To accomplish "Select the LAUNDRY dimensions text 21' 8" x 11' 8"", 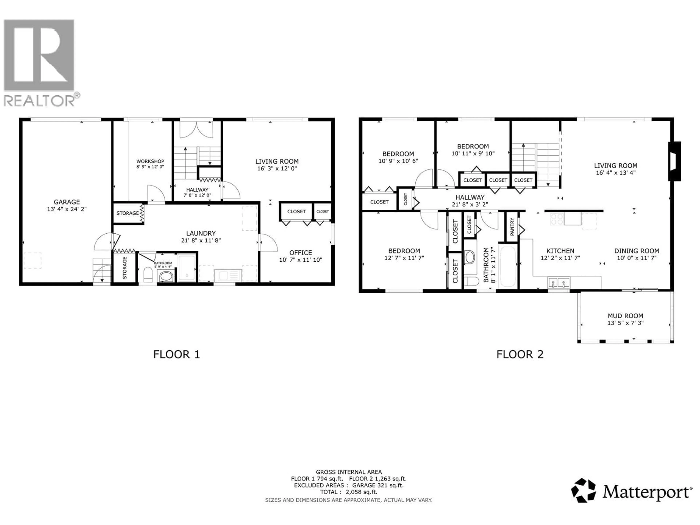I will click(201, 240).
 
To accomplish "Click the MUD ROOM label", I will click(625, 316).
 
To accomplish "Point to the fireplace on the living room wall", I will click(674, 161).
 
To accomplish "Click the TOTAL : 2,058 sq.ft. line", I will click(348, 492).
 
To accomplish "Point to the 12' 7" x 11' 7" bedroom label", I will click(404, 258).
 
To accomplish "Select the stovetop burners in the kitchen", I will click(557, 219).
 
